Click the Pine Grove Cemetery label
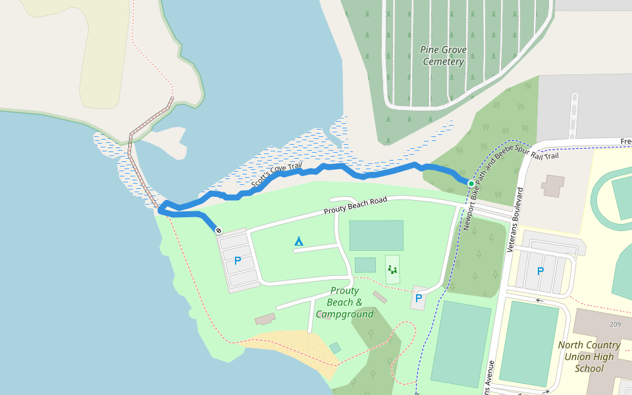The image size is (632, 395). point(442,55)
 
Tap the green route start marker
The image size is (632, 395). point(471,183)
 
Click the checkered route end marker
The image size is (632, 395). point(218,230)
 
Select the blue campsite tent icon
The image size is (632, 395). point(299,241)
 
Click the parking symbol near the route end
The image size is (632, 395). point(238,261)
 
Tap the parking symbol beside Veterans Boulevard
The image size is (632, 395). point(540,271)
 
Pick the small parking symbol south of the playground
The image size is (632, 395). point(418,298)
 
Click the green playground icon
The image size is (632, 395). point(392,269)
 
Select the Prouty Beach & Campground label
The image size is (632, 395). point(345,302)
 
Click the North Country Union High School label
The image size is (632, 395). point(589,356)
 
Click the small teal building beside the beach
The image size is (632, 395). point(335,348)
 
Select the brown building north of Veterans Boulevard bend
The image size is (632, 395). point(553,186)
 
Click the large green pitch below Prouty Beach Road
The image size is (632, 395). point(376,235)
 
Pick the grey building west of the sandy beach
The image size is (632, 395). point(265,319)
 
